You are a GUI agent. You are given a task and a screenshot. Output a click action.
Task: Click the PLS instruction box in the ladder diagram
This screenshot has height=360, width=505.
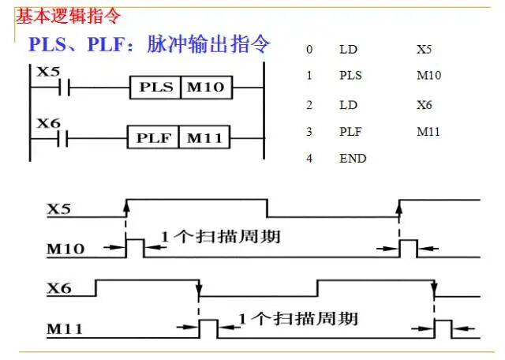pos(155,87)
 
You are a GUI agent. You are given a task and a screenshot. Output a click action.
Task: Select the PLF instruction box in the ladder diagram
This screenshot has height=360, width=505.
pos(154,139)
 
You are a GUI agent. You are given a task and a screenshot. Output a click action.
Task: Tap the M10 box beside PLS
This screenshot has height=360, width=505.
pos(208,87)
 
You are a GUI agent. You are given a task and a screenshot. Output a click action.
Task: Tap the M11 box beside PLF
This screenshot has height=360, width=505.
pos(205,139)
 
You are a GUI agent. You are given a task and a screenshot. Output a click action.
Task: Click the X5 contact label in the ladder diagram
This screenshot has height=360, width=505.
pos(48,71)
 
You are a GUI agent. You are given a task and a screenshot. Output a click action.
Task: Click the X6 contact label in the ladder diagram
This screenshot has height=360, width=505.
pos(48,123)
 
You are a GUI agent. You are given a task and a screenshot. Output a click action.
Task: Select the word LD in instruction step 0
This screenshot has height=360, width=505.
pos(347,50)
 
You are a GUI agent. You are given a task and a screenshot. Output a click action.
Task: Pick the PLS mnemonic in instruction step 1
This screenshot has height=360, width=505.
pos(350,77)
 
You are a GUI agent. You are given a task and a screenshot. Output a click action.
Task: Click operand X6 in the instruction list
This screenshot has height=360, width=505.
pos(425,104)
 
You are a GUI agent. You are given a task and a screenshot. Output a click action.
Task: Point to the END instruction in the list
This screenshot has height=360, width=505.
pos(353,158)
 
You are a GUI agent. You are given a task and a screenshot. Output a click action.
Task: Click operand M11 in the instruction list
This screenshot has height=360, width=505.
pos(428,131)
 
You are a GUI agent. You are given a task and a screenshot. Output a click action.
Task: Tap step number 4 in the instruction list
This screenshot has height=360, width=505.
pos(309,158)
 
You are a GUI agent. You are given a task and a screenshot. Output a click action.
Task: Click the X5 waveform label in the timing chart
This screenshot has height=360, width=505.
pos(59,209)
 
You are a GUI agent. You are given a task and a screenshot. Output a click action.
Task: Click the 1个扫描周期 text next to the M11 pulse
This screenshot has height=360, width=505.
pos(297,318)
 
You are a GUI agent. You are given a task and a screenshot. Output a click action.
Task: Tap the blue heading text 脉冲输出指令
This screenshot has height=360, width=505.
pos(208,43)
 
